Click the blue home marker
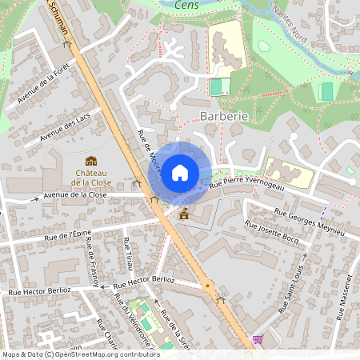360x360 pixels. click(x=180, y=172)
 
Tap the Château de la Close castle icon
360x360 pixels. click(x=91, y=161)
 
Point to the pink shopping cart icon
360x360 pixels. click(x=258, y=339)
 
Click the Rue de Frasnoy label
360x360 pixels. click(x=92, y=261)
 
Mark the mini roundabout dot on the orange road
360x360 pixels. click(x=208, y=285)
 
